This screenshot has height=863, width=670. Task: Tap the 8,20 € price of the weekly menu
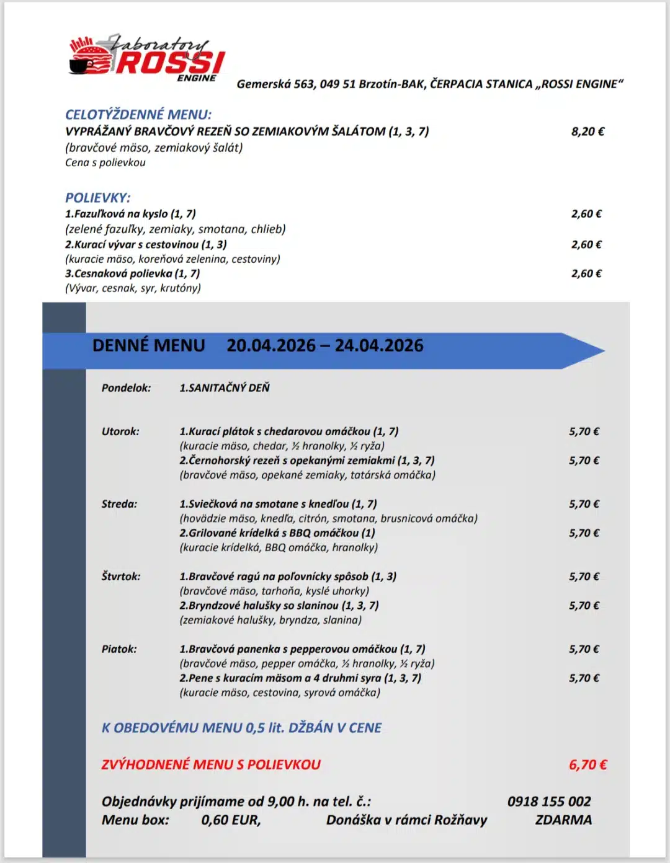tap(587, 131)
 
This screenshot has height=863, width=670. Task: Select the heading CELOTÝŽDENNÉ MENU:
tap(138, 115)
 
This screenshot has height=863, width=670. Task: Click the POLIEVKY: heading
tap(98, 198)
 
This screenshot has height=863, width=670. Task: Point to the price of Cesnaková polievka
tap(586, 273)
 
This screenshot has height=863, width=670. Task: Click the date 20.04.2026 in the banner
tap(271, 345)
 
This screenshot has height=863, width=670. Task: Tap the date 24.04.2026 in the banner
tap(379, 345)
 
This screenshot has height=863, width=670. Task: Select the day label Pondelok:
tap(126, 388)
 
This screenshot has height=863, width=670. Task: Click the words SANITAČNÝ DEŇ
tap(229, 388)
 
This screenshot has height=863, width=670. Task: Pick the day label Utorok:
tap(120, 431)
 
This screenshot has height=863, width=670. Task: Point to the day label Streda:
tap(119, 504)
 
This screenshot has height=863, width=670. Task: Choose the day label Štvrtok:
tap(121, 577)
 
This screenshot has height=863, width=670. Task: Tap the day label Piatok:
tap(119, 649)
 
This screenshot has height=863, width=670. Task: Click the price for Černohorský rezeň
tap(584, 461)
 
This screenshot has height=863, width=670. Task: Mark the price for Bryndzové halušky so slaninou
tap(584, 606)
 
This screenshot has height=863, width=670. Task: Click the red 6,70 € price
tap(587, 765)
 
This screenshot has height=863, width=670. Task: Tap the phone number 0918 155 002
tap(549, 802)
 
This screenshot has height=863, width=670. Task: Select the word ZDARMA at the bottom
tap(563, 820)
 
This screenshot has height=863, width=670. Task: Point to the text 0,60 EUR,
tap(231, 820)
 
